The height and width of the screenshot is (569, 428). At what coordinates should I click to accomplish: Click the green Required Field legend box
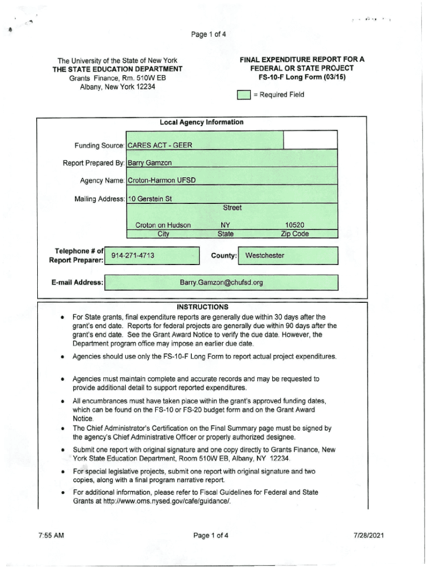tap(243, 95)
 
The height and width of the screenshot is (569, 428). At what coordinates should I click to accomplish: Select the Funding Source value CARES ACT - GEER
tap(160, 145)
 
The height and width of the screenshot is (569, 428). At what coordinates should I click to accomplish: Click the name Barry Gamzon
tap(150, 163)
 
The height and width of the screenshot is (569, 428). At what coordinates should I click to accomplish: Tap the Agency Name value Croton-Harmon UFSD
tap(161, 181)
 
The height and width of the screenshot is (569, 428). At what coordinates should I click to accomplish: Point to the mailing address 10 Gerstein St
tap(150, 198)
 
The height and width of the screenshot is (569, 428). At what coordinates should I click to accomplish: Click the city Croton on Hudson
tap(163, 225)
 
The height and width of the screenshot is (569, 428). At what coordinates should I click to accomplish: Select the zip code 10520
tap(294, 225)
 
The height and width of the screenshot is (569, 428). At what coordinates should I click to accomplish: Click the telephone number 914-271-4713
tap(133, 256)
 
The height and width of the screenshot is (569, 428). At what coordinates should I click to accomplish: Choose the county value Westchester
tap(265, 256)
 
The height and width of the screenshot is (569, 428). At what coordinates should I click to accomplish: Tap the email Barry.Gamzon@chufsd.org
tap(221, 282)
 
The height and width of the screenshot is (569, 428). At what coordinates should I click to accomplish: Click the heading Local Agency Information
tap(201, 122)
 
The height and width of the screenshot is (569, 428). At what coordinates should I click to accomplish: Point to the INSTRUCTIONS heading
tap(202, 307)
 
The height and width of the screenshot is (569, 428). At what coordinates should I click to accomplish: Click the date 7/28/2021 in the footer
tap(369, 536)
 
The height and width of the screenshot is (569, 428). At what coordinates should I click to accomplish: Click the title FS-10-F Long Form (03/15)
tap(302, 77)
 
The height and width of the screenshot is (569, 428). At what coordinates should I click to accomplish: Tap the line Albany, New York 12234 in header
tap(117, 87)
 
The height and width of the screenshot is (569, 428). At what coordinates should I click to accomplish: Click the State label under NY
tap(226, 234)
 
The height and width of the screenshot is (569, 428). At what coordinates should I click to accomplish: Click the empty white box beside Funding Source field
tap(310, 140)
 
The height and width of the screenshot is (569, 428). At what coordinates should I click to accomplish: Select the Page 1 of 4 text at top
tap(209, 34)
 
